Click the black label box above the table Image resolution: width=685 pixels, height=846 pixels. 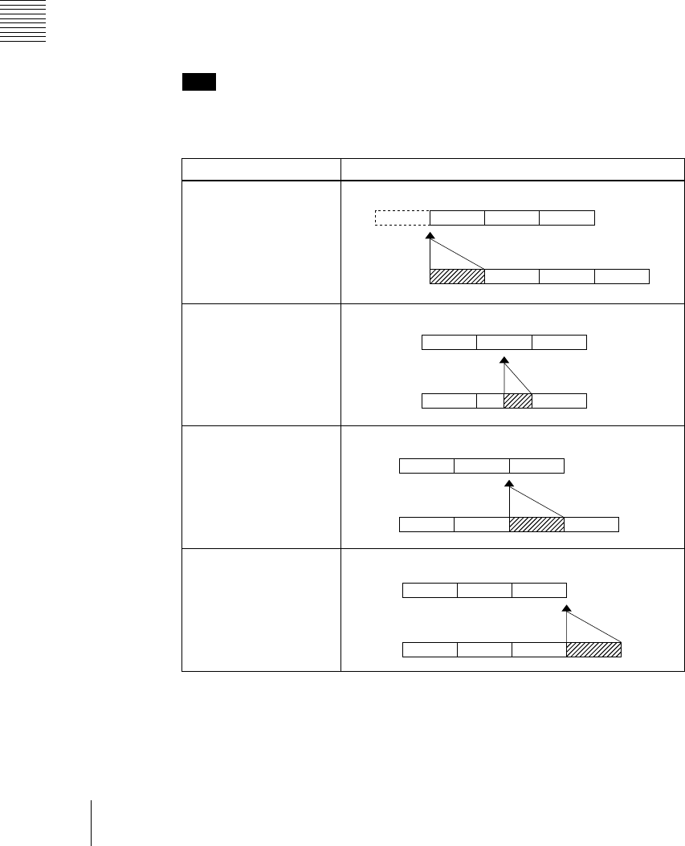[x=199, y=82]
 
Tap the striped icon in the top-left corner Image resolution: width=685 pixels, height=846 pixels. [x=23, y=21]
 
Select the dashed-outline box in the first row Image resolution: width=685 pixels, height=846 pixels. [x=402, y=218]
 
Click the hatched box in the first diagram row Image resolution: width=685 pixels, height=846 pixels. [x=458, y=276]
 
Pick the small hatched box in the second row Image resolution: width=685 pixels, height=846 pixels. [x=518, y=401]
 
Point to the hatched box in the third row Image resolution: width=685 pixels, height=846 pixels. [x=537, y=525]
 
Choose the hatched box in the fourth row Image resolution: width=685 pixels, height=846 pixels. [x=594, y=649]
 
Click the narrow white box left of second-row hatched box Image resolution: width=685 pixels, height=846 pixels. [x=490, y=401]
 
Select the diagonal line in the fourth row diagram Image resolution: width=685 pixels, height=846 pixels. [x=594, y=625]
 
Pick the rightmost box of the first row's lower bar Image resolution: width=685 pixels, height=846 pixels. [x=622, y=276]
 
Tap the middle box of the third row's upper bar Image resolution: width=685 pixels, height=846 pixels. [x=482, y=466]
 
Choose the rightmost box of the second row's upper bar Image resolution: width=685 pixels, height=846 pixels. [x=559, y=343]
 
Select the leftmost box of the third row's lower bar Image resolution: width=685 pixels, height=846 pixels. [x=426, y=525]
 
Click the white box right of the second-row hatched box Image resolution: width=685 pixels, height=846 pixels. [x=560, y=401]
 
